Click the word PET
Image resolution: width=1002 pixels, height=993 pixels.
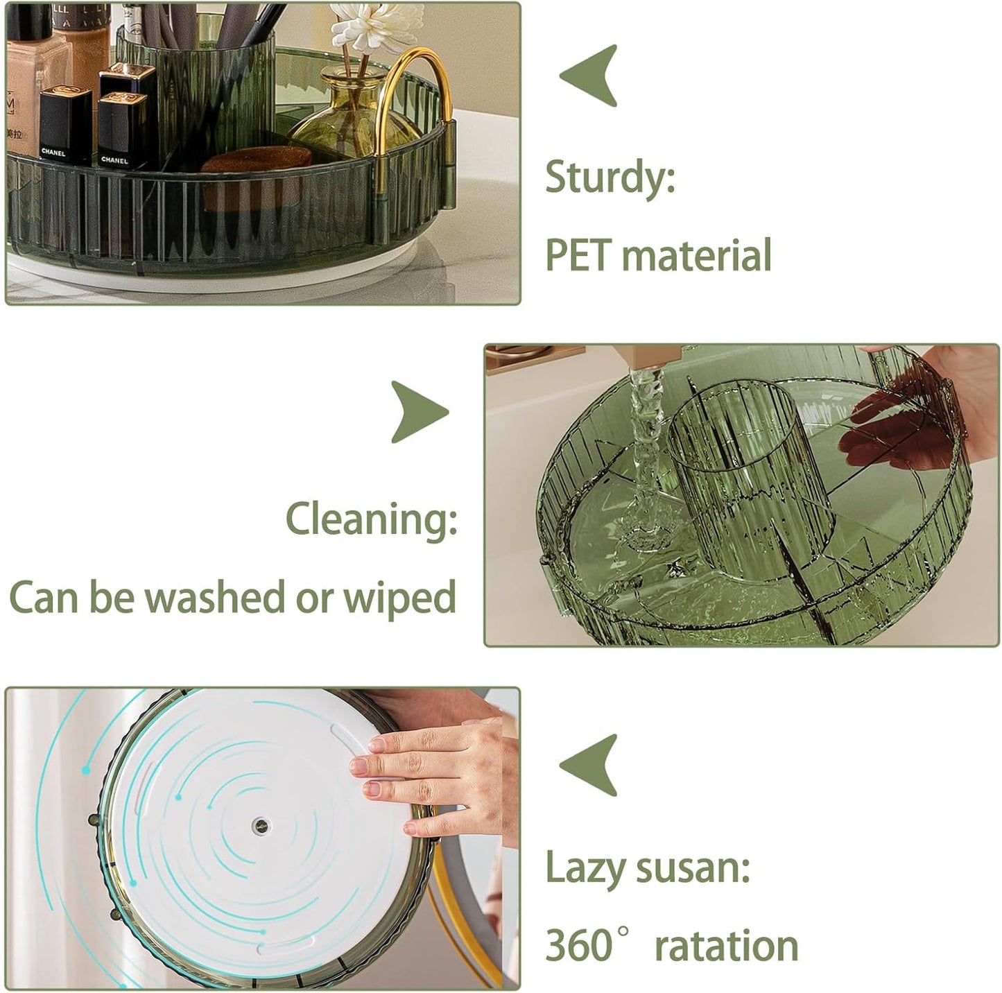point(578,254)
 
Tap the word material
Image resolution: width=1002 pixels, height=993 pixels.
point(696,254)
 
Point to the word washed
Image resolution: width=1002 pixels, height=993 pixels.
point(215,596)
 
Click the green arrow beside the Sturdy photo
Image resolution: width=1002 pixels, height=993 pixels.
point(589,76)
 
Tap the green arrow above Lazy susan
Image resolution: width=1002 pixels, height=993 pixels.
point(589,764)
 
